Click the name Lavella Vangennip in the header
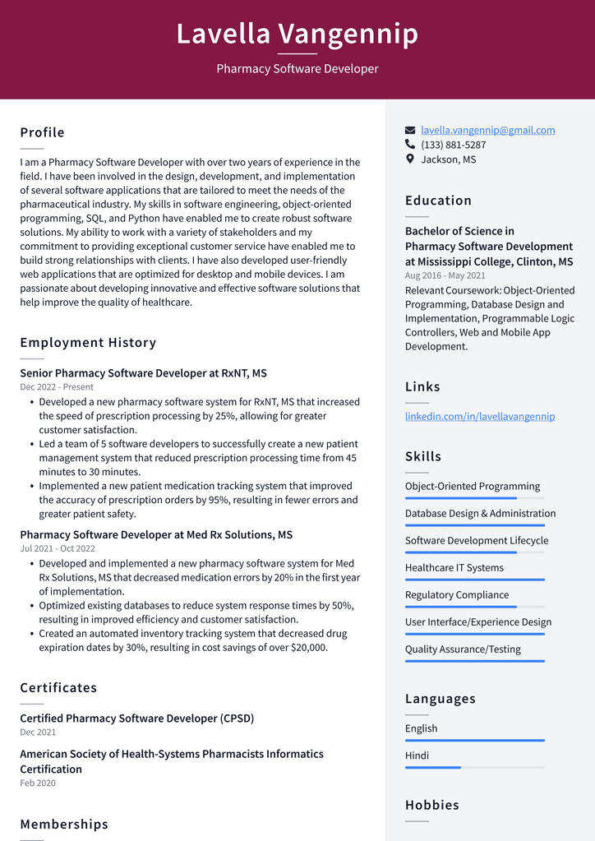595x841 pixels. click(297, 35)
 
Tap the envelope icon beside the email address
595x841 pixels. click(410, 130)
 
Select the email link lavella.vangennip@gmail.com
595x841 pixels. click(487, 130)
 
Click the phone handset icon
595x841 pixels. click(410, 145)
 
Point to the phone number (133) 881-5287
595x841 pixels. click(453, 145)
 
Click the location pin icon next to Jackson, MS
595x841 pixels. click(410, 159)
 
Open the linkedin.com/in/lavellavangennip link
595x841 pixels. click(479, 417)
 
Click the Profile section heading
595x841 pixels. click(42, 132)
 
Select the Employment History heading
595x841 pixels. click(88, 343)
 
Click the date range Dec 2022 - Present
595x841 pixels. click(57, 387)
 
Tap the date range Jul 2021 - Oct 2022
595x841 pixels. click(58, 548)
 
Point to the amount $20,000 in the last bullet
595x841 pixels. click(309, 648)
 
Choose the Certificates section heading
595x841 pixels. click(58, 688)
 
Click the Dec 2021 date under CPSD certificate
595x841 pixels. click(38, 732)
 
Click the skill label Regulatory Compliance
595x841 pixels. click(457, 595)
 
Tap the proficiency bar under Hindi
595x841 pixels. click(474, 768)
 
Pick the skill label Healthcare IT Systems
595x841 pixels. click(454, 568)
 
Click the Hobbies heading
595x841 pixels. click(431, 806)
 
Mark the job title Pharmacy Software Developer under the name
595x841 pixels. click(297, 69)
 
